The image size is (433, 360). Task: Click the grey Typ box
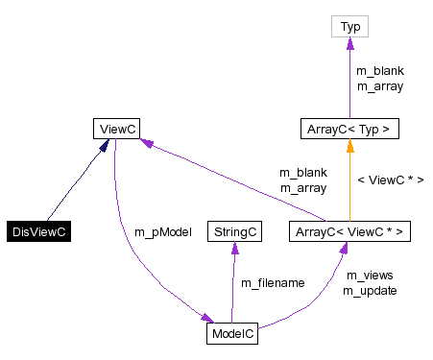[350, 27]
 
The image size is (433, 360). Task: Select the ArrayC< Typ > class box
[350, 128]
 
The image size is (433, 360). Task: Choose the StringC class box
[233, 231]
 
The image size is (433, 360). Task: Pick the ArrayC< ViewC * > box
[350, 231]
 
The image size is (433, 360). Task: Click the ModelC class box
[231, 333]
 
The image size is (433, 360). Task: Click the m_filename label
[273, 283]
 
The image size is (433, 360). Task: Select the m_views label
[370, 276]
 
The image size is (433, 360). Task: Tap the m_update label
[368, 290]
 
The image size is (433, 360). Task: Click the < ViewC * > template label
[390, 180]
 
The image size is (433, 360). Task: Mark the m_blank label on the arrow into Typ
[379, 71]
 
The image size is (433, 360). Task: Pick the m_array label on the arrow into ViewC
[303, 187]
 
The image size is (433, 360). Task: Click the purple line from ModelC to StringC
[232, 288]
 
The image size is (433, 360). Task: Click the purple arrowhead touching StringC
[233, 247]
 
